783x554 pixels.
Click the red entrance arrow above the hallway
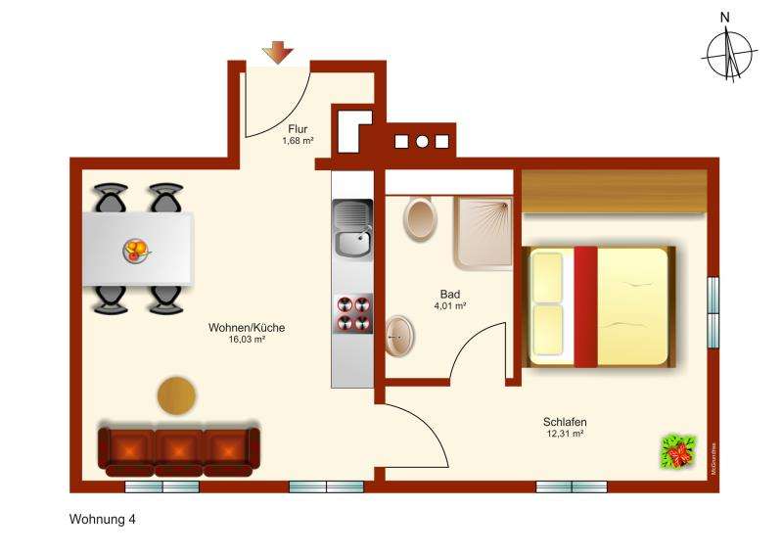pos(278,53)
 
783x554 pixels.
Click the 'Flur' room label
pos(298,128)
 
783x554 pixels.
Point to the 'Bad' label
pos(450,294)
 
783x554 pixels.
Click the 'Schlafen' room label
pos(565,422)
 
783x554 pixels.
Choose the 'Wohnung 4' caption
pos(102,520)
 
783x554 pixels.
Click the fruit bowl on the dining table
pos(137,251)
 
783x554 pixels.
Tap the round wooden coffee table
pos(176,395)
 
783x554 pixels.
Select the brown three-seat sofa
pos(179,448)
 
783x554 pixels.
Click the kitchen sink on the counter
pos(352,228)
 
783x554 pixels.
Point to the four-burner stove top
pos(352,313)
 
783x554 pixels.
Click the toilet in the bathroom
pos(421,217)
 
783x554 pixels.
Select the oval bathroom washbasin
pos(399,337)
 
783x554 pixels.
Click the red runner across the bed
pos(585,306)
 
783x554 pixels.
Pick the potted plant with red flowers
pos(677,452)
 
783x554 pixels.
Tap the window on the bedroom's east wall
pos(714,311)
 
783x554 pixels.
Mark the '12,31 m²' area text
pos(565,434)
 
